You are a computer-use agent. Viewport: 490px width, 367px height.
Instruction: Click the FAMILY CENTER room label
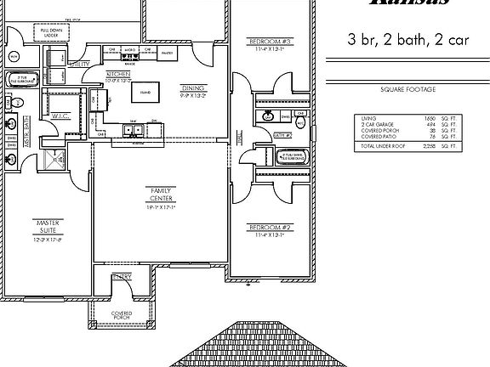[x=160, y=194]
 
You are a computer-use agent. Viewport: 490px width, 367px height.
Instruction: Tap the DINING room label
[x=192, y=88]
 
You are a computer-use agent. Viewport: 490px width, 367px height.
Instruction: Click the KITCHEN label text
[x=117, y=75]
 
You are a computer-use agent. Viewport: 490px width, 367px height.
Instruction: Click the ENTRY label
[x=122, y=277]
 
